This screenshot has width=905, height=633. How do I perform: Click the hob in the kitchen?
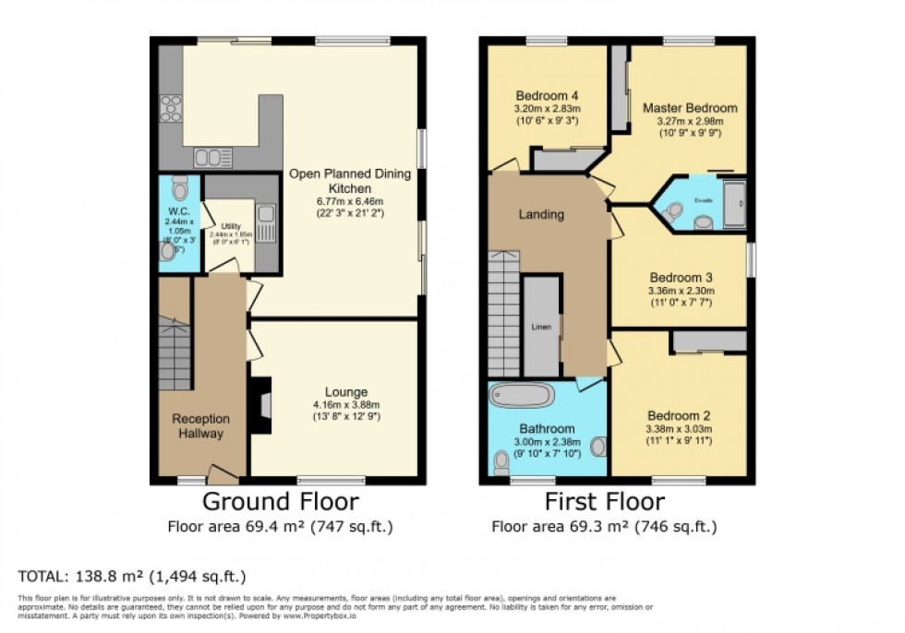[170, 109]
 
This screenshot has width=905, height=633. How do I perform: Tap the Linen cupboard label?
[541, 327]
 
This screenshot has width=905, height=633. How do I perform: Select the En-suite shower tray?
[736, 203]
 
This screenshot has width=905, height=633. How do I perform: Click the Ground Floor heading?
[281, 503]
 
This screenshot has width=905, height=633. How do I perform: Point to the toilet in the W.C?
[180, 188]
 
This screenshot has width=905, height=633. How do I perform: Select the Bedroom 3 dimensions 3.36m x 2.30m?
[682, 290]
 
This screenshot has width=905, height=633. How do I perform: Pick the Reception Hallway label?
[201, 426]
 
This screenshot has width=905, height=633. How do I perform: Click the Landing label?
[541, 214]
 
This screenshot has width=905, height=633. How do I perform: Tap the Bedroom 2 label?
[679, 415]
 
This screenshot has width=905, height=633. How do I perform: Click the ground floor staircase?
[174, 355]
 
